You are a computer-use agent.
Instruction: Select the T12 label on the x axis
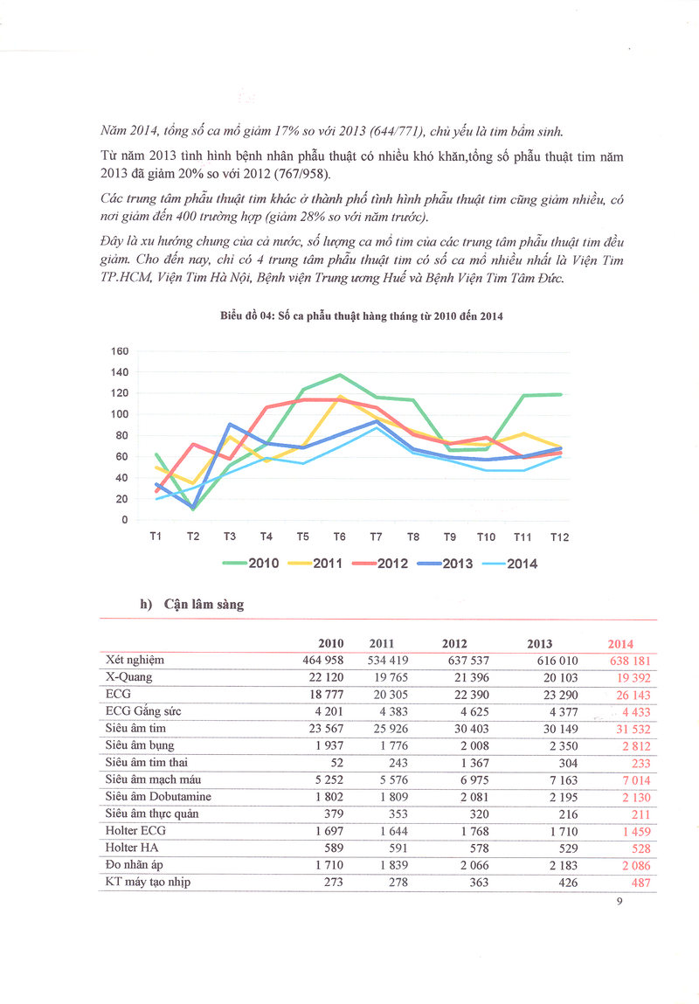(559, 537)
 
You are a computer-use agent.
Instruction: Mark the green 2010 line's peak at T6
(340, 375)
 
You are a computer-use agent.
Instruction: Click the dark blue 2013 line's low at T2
(192, 508)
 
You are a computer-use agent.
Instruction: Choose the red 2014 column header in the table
(620, 644)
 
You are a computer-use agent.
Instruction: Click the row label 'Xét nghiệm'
(135, 661)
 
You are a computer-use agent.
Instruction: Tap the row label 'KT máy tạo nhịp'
(147, 882)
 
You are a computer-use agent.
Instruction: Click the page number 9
(618, 904)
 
